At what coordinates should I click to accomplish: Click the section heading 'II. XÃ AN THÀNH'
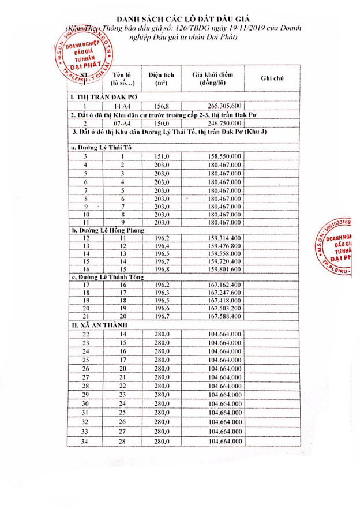[96, 326]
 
